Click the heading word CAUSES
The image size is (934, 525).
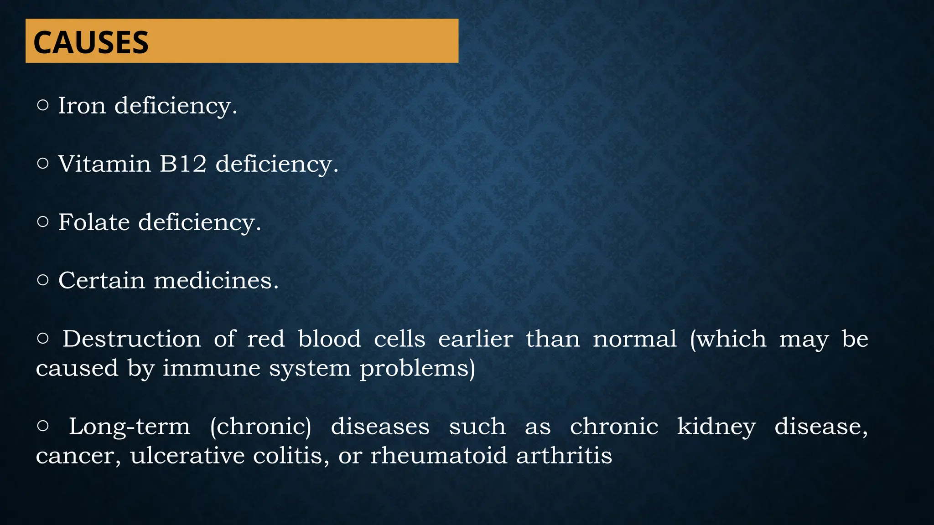(x=91, y=42)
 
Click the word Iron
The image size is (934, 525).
(x=82, y=106)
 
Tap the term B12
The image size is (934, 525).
(x=183, y=164)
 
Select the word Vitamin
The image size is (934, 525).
(x=104, y=164)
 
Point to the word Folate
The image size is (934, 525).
(x=94, y=222)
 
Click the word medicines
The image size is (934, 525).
(x=216, y=280)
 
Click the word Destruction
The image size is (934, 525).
(x=132, y=339)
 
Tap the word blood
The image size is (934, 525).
(x=329, y=339)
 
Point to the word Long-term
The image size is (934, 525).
(x=129, y=427)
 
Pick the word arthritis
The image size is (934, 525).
(x=564, y=456)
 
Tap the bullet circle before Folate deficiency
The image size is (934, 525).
(x=42, y=222)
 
